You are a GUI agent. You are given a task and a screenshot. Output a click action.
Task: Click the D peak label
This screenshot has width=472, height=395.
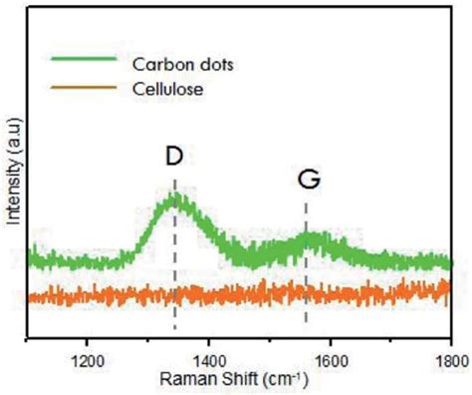(174, 159)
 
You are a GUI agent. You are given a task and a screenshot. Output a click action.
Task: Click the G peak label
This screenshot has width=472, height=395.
(307, 180)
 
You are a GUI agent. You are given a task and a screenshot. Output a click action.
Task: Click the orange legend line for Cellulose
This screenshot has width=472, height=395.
(84, 91)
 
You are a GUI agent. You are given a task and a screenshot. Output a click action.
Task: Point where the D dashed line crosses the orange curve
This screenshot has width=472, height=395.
(175, 294)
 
